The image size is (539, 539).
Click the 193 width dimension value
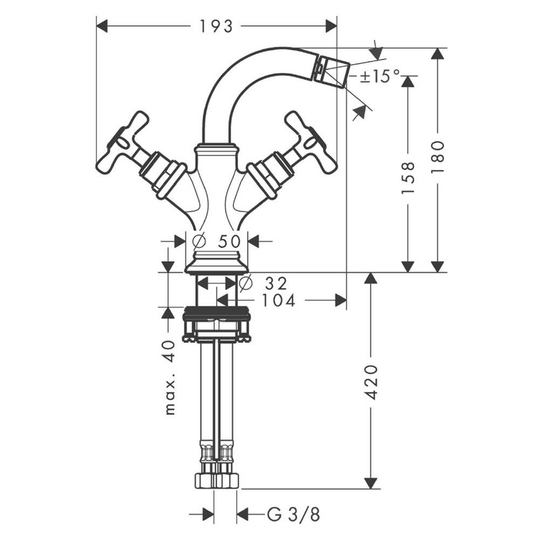216,26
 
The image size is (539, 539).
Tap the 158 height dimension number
408,177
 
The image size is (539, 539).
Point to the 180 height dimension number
438,159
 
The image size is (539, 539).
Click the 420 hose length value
372,382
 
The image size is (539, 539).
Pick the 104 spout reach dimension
278,301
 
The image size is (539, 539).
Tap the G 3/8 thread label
293,514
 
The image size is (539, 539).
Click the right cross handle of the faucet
310,143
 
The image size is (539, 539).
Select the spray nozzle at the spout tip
333,70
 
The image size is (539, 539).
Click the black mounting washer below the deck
216,311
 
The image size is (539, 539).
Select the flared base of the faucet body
216,262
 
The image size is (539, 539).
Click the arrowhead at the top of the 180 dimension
438,53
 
